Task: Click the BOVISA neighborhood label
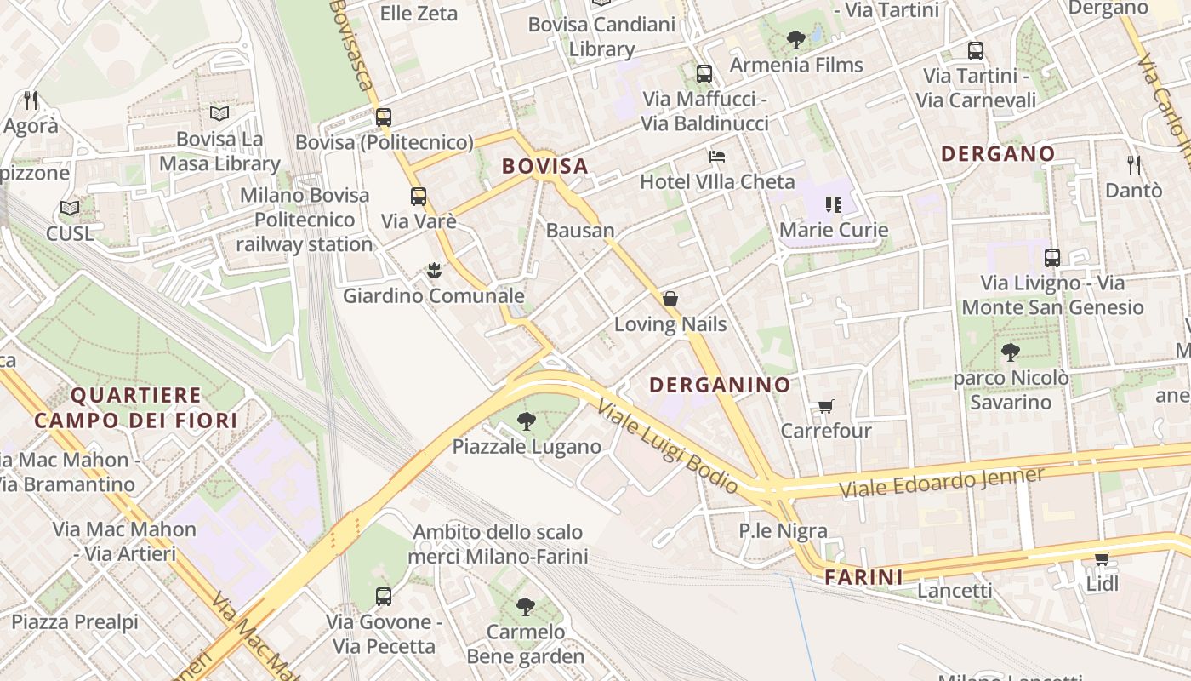(x=545, y=166)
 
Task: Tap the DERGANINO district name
(x=720, y=385)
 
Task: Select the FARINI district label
(x=863, y=577)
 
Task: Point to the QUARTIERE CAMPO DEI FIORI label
(x=136, y=408)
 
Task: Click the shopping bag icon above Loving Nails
(x=670, y=299)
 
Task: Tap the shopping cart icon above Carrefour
(x=825, y=406)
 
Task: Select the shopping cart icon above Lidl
(x=1102, y=558)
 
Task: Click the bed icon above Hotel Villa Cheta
(x=717, y=157)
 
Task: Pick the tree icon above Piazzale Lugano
(x=527, y=421)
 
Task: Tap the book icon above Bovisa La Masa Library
(x=219, y=113)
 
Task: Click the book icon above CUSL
(x=70, y=208)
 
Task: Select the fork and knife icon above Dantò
(x=1133, y=164)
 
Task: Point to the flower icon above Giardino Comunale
(x=434, y=272)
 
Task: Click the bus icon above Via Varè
(x=419, y=197)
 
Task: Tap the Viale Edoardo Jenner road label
(x=941, y=483)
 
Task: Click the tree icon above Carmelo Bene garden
(x=526, y=606)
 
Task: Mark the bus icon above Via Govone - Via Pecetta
(x=384, y=596)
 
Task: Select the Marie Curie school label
(x=834, y=230)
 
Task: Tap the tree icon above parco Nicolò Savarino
(x=1011, y=352)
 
